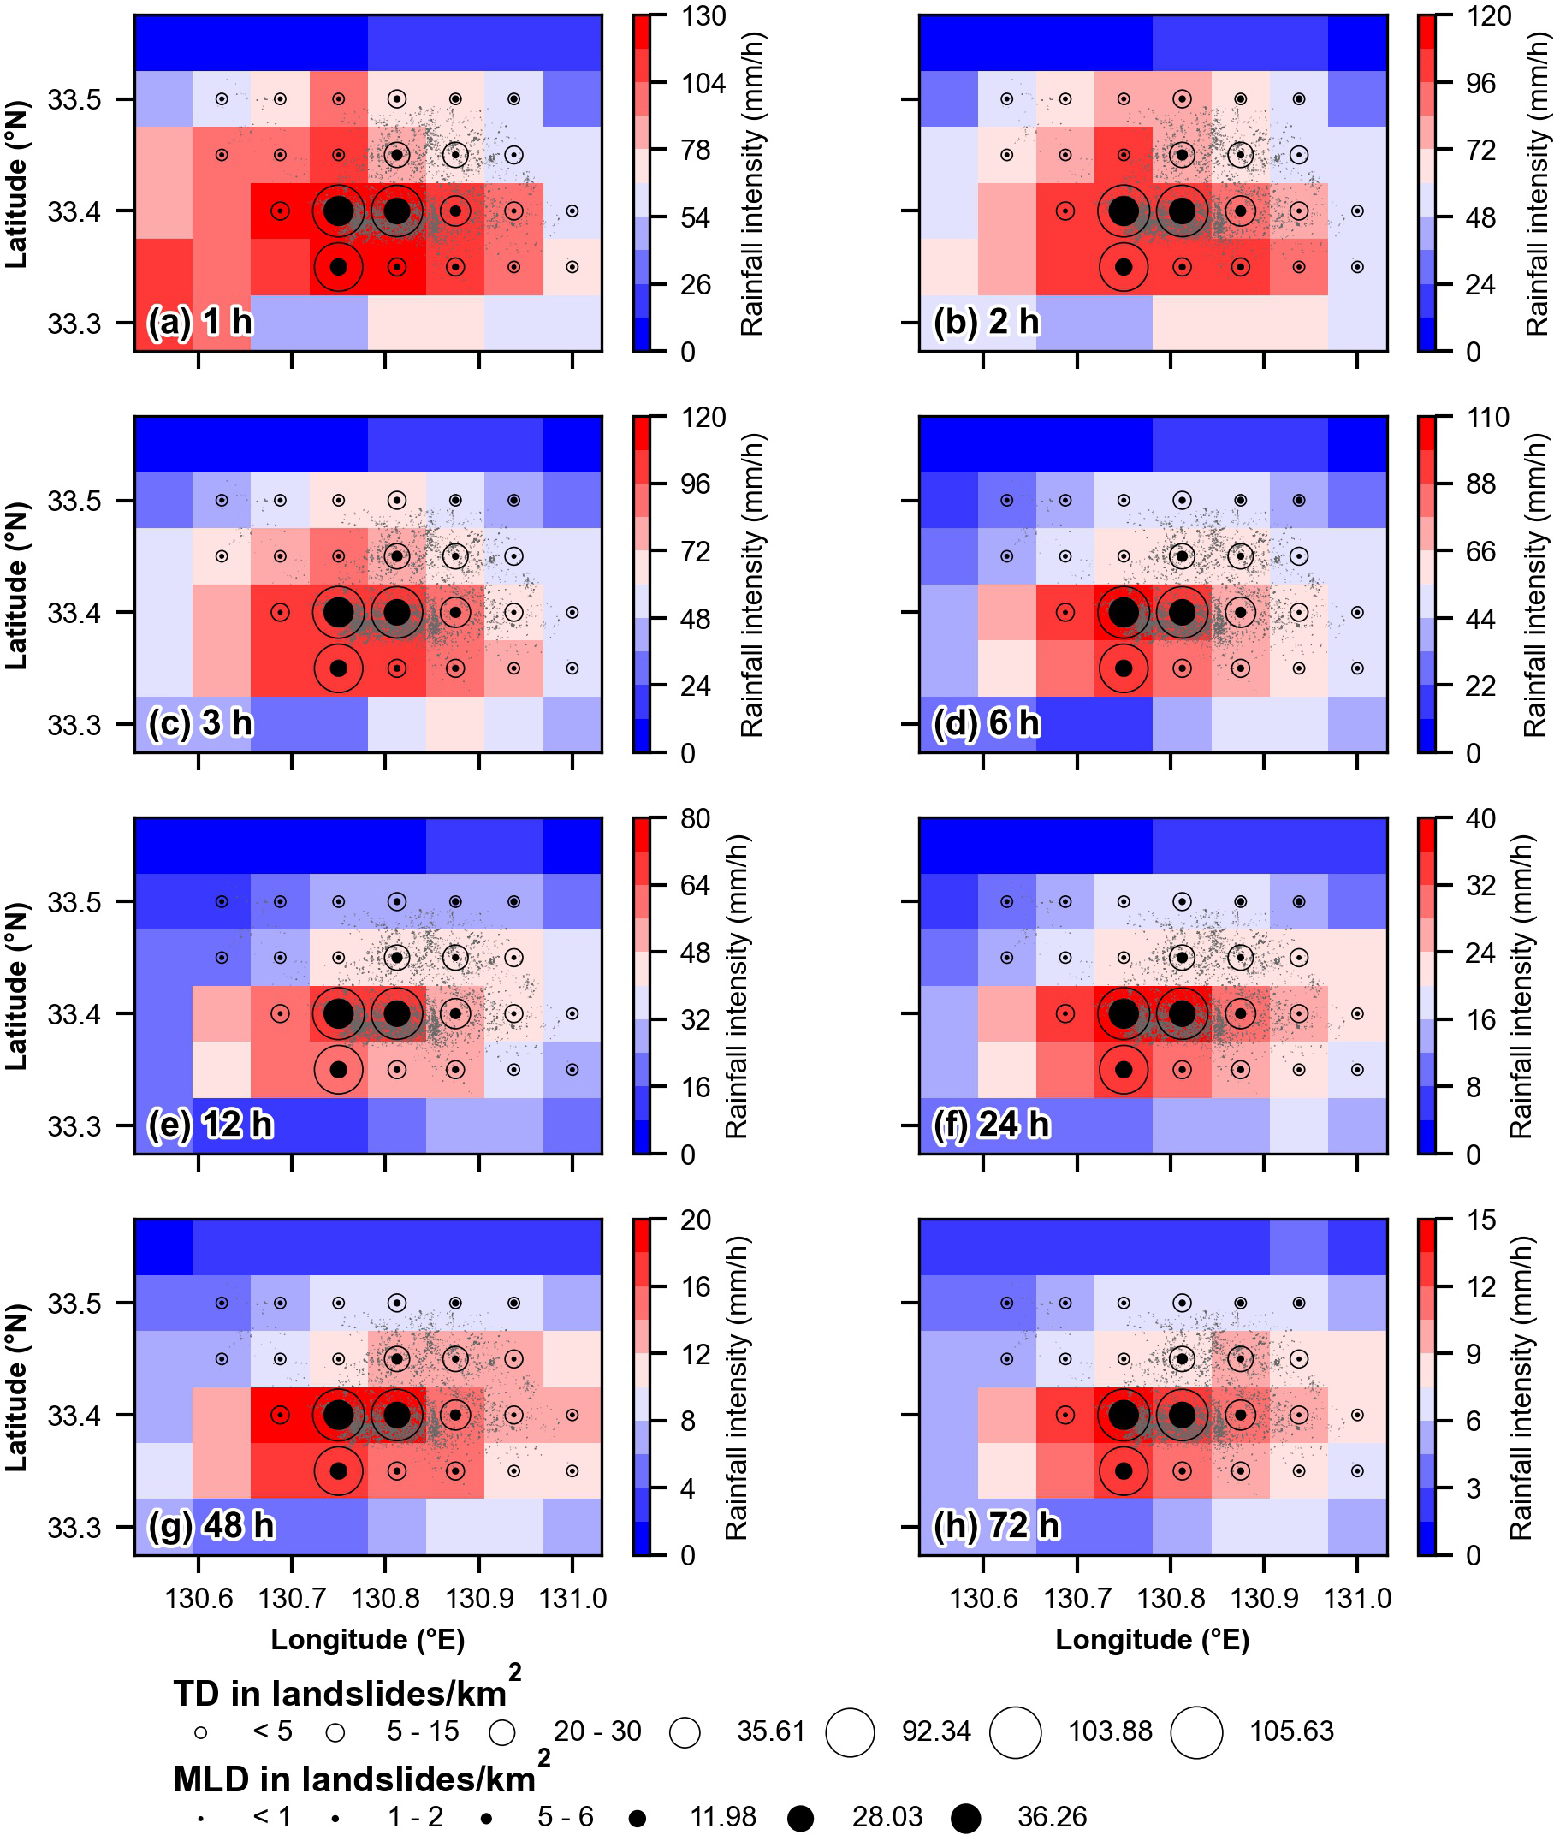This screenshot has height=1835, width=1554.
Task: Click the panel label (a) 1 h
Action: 200,323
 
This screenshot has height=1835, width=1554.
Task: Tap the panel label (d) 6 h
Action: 986,723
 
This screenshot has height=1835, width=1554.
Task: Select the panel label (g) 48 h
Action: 211,1526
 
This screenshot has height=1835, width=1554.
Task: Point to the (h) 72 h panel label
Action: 995,1526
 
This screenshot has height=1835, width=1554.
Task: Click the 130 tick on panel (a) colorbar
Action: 703,17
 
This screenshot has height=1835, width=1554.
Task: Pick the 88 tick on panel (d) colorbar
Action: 1480,484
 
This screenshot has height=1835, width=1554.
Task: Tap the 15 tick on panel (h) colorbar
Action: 1480,1220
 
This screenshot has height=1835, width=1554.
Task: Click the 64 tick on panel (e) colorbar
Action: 695,885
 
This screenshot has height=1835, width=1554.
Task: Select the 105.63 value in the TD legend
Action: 1291,1731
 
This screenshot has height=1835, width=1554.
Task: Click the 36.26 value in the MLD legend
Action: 1052,1816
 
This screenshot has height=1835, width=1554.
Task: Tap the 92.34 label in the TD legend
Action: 935,1731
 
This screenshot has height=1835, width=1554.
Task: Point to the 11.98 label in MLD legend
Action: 723,1816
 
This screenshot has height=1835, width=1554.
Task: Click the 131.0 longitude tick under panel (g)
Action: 572,1598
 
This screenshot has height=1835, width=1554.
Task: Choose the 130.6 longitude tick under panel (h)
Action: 983,1598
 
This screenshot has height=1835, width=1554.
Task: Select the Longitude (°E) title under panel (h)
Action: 1153,1639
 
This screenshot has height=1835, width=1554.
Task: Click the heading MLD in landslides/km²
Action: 361,1779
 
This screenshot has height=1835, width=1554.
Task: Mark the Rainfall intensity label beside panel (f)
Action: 1521,986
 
